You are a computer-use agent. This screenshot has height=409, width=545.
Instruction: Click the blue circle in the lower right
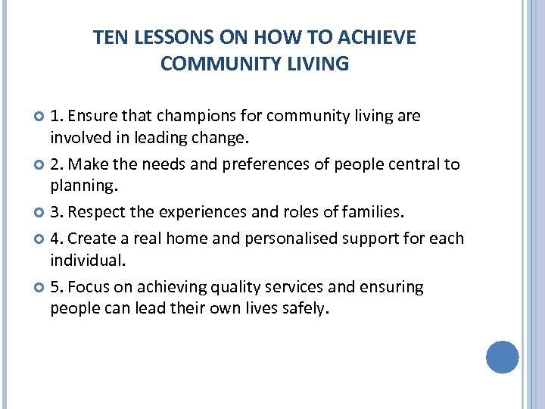[502, 357]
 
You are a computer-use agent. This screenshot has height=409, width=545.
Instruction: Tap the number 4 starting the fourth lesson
[55, 239]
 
